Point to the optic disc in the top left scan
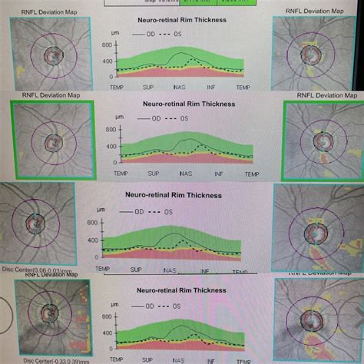53,56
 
